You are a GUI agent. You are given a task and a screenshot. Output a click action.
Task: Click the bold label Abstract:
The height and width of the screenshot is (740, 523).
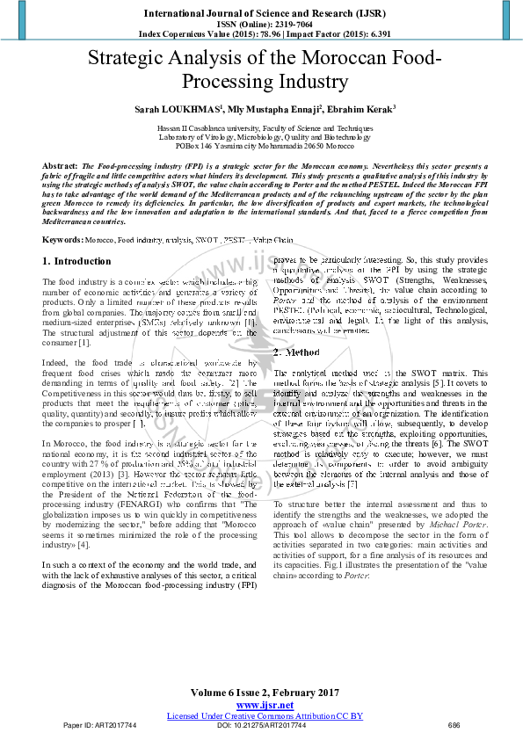pos(60,166)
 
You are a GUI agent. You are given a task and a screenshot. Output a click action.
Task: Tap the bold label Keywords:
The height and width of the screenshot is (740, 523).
pos(63,240)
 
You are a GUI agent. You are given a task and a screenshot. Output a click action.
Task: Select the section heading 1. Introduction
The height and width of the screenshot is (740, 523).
pos(76,261)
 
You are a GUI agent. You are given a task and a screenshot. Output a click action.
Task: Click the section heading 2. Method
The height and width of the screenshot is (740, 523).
pos(302,352)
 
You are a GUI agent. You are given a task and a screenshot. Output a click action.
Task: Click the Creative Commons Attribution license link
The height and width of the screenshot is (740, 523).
pos(265,715)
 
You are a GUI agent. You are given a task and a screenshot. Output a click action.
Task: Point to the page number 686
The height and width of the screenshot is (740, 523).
pos(454,726)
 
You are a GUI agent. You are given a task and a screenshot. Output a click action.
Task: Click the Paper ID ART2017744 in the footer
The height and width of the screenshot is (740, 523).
pos(100,726)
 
